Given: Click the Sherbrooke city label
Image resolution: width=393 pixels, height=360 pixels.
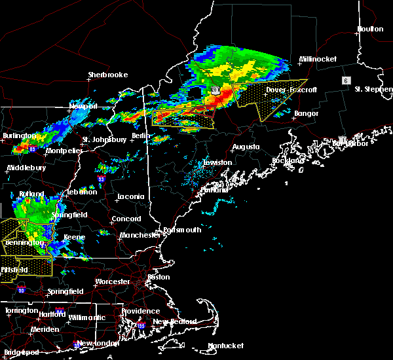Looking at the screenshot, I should (108, 75).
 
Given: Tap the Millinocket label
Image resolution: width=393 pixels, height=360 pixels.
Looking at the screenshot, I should (318, 60).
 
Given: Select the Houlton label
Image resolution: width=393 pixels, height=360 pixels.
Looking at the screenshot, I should (370, 29).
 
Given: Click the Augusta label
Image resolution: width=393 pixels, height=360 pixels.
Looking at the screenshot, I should (246, 147).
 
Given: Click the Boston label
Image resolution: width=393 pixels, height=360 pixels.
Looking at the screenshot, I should (159, 277).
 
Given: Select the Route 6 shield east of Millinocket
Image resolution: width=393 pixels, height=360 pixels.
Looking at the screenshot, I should (345, 80).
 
